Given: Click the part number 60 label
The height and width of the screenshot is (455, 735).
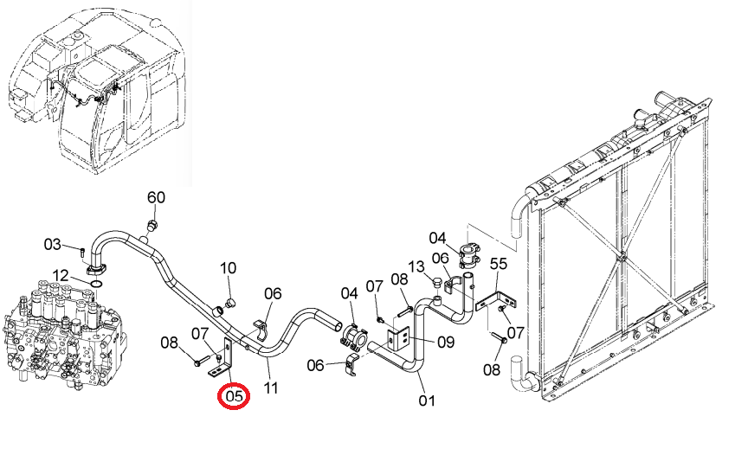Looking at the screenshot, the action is point(156,197).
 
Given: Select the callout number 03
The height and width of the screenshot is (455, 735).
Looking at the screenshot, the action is point(53,244).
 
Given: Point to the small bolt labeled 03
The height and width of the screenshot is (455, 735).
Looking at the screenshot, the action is point(83,252).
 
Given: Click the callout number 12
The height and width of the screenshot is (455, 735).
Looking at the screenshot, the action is point(60,276).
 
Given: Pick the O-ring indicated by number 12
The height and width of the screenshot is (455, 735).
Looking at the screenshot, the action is point(97,284).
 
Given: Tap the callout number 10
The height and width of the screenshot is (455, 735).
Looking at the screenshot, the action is point(228,268).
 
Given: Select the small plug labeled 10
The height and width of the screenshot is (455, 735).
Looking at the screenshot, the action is point(229,303).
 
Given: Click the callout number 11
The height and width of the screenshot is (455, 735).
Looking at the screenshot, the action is point(270,388).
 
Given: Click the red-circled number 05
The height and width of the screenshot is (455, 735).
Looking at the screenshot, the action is point(235,396).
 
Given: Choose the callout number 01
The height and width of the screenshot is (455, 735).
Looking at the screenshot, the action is point(427,401).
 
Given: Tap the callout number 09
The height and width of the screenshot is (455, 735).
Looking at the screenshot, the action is point(446,342).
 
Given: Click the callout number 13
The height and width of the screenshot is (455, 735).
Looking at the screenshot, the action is point(416,266).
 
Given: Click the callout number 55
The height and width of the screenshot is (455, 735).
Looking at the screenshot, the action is point(499,264).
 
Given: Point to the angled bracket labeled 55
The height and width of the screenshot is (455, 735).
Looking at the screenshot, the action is point(496,300).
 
